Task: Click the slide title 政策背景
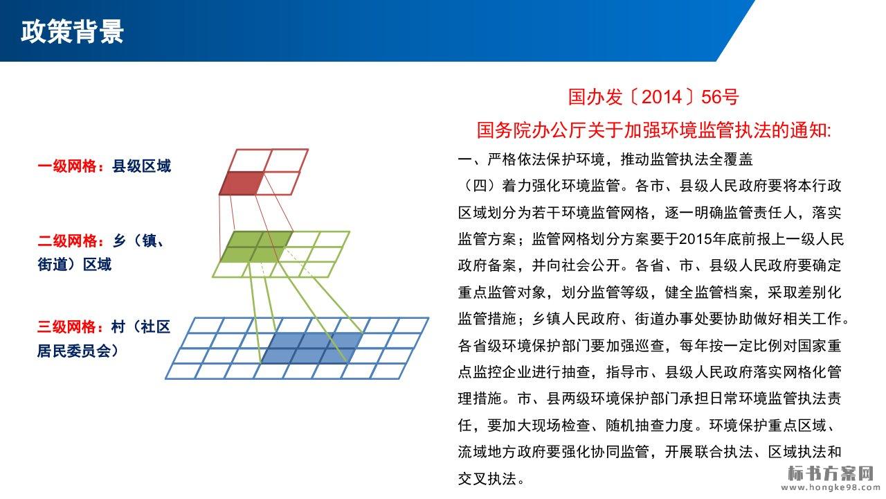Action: (x=73, y=31)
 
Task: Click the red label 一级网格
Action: (x=68, y=166)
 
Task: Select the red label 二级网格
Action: (x=68, y=240)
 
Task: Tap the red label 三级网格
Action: (x=67, y=326)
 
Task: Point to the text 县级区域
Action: (x=142, y=166)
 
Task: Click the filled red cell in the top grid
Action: (x=241, y=184)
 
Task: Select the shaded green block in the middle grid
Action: (x=256, y=247)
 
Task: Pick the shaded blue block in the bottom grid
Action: (x=312, y=348)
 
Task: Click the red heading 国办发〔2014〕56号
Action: (x=653, y=97)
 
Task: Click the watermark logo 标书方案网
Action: (x=831, y=473)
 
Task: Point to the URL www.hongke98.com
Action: (x=827, y=487)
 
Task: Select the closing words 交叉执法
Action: (x=487, y=479)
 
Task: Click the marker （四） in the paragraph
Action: (x=480, y=185)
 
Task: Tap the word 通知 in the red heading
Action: (x=807, y=130)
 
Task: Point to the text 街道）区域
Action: (x=74, y=264)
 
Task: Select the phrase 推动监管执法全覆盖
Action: (x=687, y=159)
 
